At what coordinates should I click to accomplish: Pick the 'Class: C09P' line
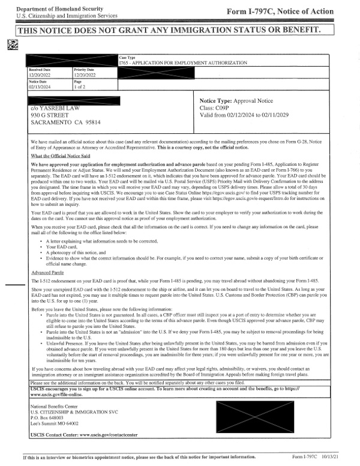[217, 109]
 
